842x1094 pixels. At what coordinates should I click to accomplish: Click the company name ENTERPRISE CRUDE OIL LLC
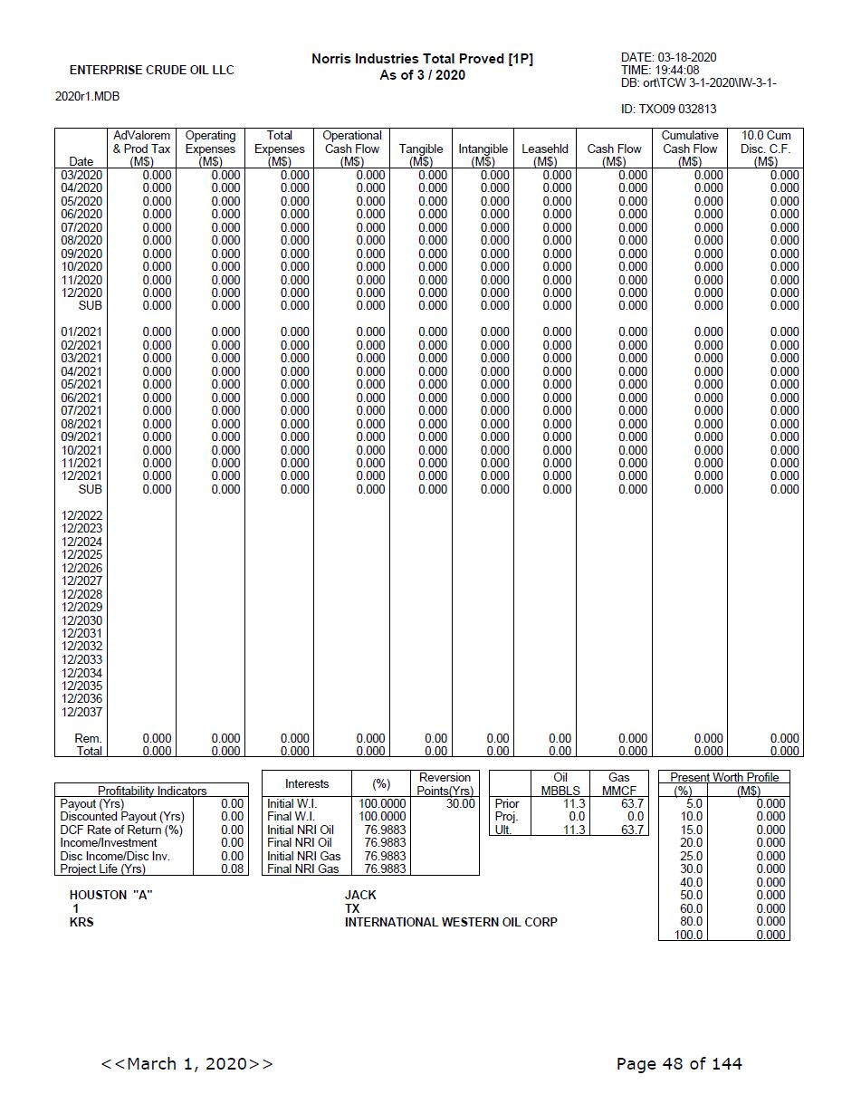[151, 71]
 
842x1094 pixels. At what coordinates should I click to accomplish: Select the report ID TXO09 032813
[668, 110]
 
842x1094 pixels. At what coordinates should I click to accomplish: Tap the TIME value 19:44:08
[673, 71]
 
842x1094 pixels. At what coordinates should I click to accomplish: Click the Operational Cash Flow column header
[352, 149]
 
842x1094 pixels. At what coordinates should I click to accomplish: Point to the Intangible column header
[483, 149]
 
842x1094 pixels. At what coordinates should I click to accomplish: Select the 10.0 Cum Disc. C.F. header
[765, 149]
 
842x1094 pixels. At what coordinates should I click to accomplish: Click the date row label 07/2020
[81, 227]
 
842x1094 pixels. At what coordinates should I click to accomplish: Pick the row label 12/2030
[81, 620]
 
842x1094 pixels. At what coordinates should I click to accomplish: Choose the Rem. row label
[88, 738]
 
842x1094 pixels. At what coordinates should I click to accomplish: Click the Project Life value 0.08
[233, 869]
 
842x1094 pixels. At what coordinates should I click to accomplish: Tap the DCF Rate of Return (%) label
[121, 830]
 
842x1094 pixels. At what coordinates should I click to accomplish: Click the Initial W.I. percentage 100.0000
[384, 803]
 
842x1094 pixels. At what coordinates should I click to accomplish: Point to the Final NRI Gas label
[303, 869]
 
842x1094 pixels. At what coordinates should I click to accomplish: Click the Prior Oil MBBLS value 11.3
[574, 803]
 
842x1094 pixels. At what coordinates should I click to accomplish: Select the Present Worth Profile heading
[723, 777]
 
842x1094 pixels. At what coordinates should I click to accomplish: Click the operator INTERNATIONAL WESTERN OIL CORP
[451, 922]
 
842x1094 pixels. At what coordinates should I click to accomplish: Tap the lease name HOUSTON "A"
[111, 895]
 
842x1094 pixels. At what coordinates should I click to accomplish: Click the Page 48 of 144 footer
[679, 1064]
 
